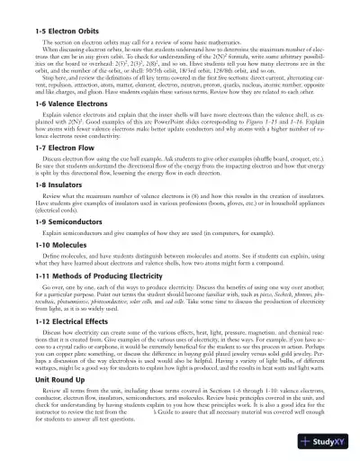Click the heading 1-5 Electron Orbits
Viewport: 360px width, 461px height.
pyautogui.click(x=63, y=31)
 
